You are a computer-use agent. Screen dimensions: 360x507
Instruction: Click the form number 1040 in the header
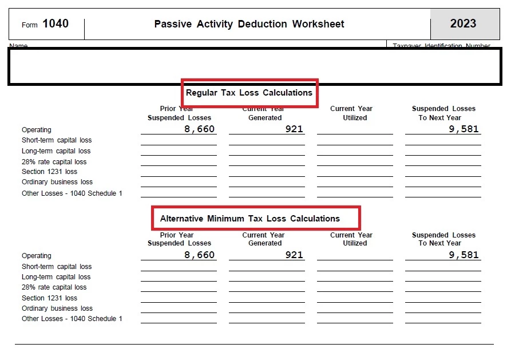(55, 23)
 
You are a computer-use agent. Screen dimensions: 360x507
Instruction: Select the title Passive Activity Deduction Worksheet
(249, 24)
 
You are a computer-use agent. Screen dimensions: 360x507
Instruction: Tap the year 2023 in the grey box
(463, 23)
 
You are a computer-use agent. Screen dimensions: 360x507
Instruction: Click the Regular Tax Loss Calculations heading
(249, 93)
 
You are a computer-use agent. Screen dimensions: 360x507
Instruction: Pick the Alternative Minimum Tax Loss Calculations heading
(249, 219)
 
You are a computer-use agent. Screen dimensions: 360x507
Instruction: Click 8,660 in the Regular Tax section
(199, 129)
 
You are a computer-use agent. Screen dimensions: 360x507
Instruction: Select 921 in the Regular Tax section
(294, 129)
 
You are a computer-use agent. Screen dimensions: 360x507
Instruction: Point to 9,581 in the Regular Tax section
(464, 129)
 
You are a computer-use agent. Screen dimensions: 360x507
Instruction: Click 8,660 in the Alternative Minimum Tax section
(199, 255)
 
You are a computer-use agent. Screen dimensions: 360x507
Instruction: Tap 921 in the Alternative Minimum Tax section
(294, 255)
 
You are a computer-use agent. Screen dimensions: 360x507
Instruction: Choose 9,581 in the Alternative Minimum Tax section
(464, 255)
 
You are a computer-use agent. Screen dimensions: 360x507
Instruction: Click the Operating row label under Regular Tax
(37, 130)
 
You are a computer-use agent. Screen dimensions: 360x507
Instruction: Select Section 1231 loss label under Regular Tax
(49, 172)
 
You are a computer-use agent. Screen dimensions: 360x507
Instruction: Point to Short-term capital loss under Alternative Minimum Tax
(57, 267)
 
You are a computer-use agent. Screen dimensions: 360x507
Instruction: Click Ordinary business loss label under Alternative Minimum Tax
(57, 308)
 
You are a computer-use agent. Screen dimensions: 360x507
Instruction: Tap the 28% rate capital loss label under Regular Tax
(54, 162)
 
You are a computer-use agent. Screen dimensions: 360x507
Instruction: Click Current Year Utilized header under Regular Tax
(351, 113)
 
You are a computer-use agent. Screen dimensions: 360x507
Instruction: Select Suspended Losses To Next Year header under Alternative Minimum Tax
(443, 239)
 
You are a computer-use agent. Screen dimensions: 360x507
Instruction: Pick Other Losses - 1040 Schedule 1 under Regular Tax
(72, 193)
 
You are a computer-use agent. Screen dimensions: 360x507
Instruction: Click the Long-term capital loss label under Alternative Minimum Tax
(56, 277)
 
